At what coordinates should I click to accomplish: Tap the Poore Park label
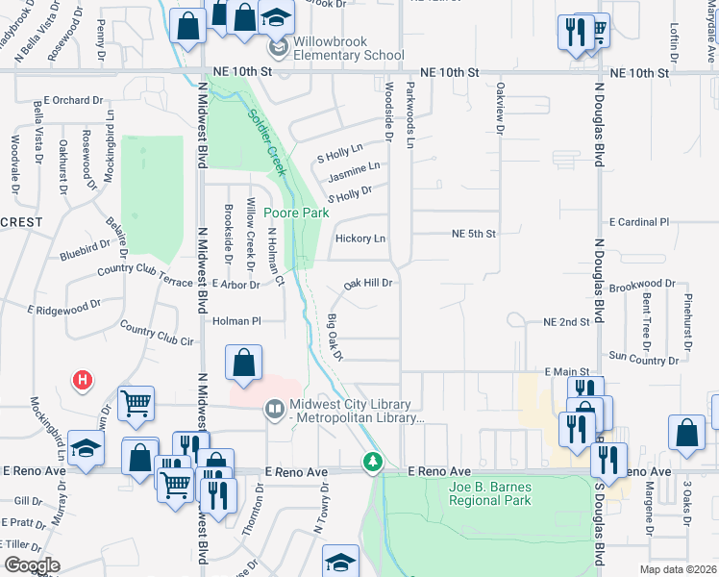[x=297, y=213]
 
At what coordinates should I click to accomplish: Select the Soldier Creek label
[x=267, y=141]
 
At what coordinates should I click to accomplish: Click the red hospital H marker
[x=84, y=380]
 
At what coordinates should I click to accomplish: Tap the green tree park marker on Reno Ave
[x=372, y=464]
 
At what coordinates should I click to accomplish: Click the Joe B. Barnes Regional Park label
[x=489, y=493]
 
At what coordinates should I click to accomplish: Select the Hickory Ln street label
[x=360, y=238]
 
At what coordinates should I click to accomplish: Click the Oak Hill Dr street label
[x=369, y=284]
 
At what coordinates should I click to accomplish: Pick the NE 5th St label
[x=474, y=234]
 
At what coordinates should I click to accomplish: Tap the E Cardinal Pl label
[x=638, y=222]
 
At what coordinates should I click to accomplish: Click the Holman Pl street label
[x=236, y=321]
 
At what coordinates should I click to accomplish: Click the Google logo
[x=32, y=565]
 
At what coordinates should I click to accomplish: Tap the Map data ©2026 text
[x=679, y=569]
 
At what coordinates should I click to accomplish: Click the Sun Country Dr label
[x=643, y=360]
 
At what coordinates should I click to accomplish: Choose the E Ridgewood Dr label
[x=63, y=308]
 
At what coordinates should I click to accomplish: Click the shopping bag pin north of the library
[x=244, y=364]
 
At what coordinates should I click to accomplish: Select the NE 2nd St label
[x=565, y=321]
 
